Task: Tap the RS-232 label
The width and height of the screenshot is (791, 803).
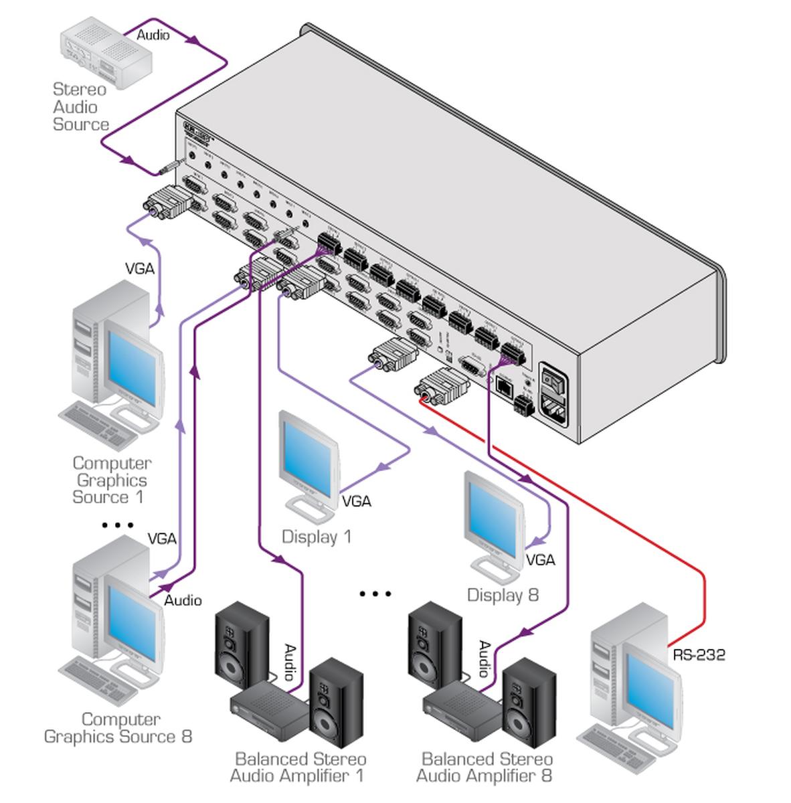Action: (x=699, y=654)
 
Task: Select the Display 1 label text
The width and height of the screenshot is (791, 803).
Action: (x=316, y=537)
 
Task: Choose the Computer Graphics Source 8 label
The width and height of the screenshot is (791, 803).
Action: (x=118, y=728)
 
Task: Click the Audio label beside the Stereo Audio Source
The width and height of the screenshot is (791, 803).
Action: (x=153, y=35)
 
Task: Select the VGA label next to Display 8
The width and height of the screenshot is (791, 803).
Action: (x=541, y=559)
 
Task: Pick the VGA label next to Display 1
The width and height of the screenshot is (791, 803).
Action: (x=356, y=501)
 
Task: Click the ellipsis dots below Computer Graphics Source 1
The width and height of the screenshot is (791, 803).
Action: (x=118, y=525)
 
